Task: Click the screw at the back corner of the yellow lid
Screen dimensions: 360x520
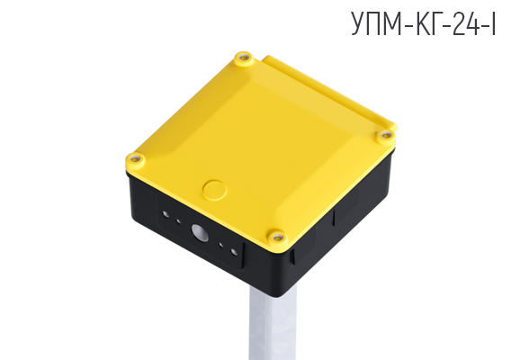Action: (241, 59)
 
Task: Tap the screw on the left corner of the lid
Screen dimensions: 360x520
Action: (136, 159)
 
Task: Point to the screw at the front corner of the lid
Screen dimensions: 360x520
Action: (279, 237)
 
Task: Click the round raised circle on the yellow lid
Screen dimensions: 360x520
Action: (214, 189)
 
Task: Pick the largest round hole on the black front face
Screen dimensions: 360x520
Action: (202, 234)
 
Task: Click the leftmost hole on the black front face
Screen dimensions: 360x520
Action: (166, 215)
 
